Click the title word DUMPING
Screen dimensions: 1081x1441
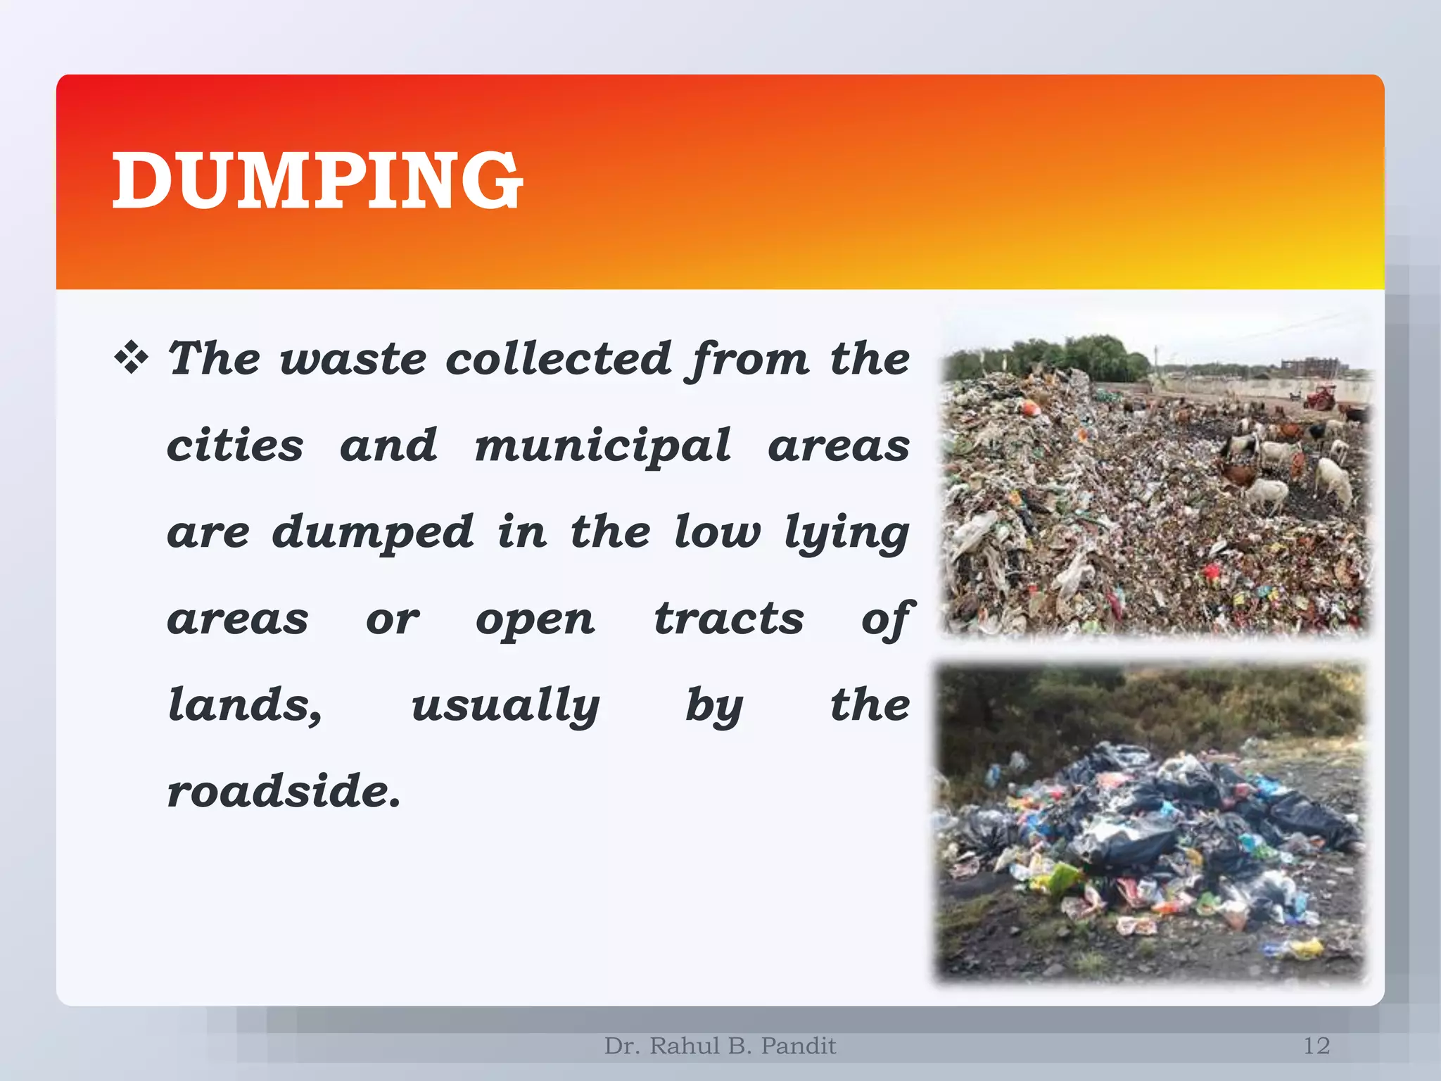317,181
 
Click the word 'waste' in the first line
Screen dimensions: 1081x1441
353,359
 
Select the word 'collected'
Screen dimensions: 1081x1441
559,359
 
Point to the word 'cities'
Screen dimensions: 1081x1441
235,446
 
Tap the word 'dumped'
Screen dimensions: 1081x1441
373,532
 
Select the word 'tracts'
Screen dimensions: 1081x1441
729,619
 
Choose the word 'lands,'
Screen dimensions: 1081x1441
246,706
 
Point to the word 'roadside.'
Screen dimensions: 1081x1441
284,792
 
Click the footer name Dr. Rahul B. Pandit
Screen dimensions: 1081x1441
720,1046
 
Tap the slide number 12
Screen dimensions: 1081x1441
1316,1046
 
